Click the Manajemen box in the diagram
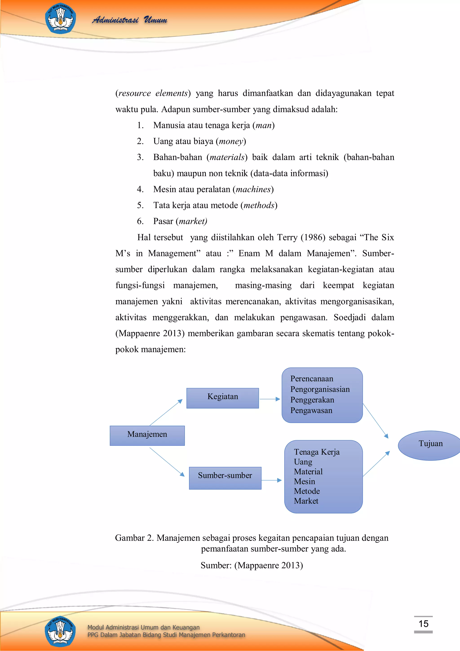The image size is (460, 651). point(147,435)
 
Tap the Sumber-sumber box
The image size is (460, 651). point(225,478)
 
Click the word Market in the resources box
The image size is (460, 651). point(306,501)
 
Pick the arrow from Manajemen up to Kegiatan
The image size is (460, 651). point(166,412)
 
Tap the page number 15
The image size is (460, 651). point(423,624)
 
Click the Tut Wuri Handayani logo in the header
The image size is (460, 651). point(60,18)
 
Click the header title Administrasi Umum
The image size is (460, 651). point(130,20)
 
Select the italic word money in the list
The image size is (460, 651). point(231,141)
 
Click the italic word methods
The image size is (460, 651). point(259,205)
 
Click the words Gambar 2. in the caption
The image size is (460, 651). point(134,538)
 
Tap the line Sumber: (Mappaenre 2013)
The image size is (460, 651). point(252,565)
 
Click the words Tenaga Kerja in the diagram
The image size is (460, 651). point(316,452)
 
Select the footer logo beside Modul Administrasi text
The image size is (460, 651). point(60,631)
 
